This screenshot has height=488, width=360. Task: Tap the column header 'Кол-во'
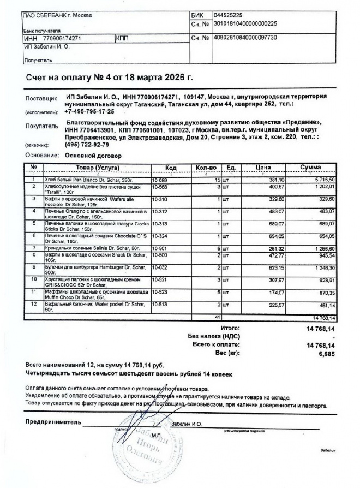(x=206, y=167)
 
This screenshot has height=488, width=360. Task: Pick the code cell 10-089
(x=160, y=179)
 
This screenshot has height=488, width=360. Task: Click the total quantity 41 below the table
(x=217, y=317)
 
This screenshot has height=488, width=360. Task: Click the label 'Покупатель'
(x=41, y=126)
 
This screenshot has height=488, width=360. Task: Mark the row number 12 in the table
(x=34, y=305)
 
